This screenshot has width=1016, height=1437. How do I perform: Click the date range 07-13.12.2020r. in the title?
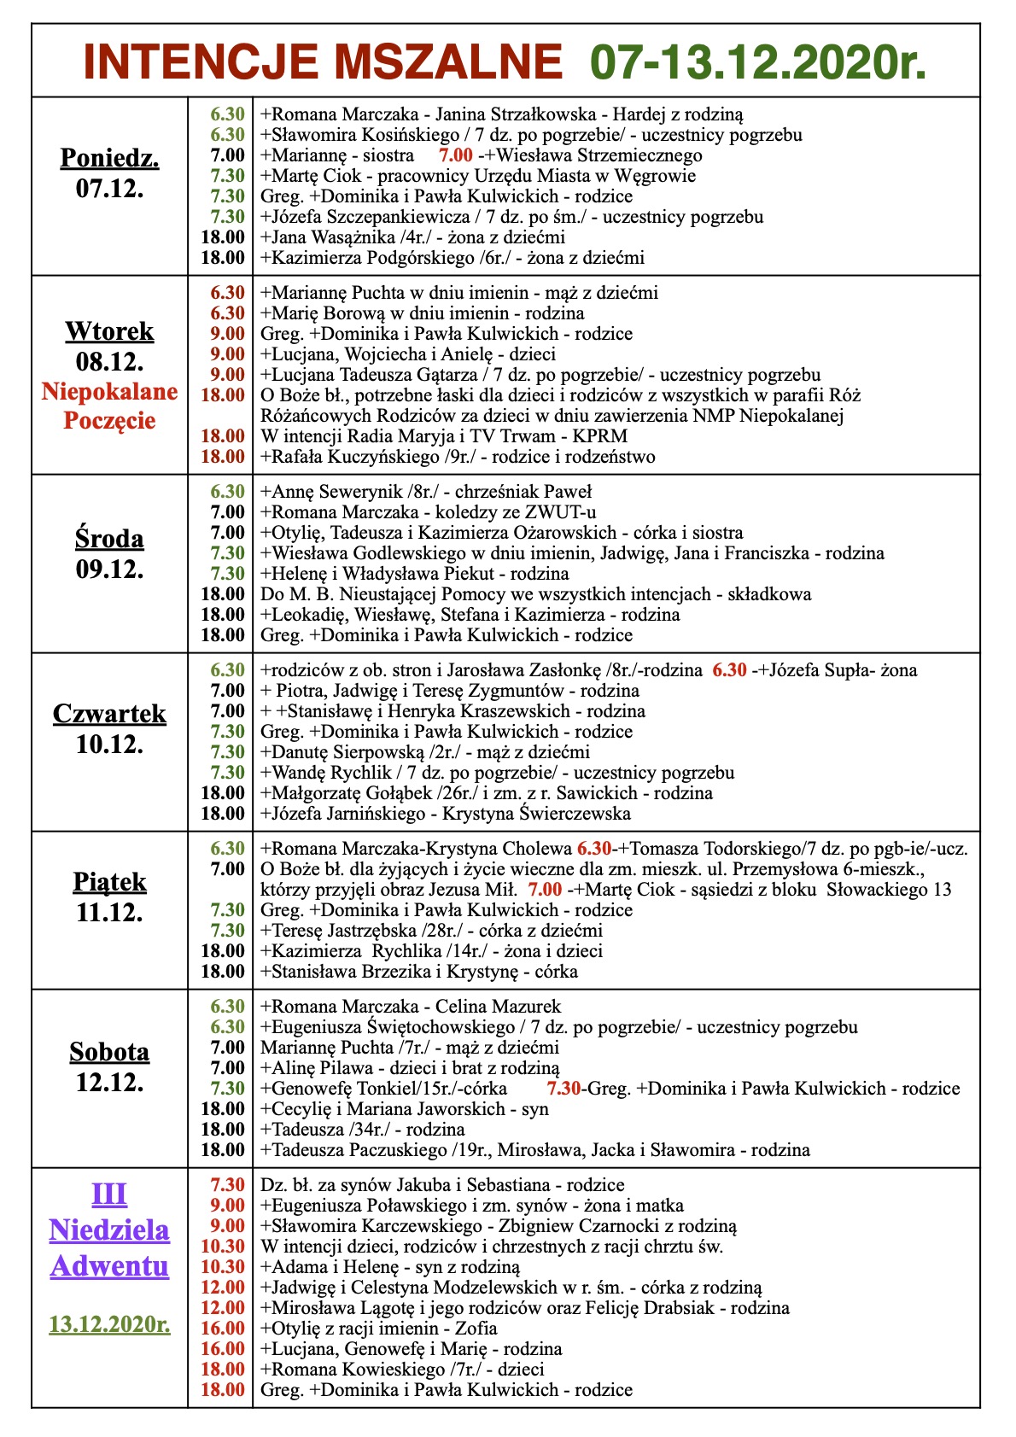click(x=758, y=63)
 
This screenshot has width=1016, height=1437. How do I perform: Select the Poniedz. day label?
click(x=109, y=158)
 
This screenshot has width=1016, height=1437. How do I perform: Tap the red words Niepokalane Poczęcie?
click(x=109, y=406)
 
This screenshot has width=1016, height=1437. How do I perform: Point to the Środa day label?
click(x=109, y=539)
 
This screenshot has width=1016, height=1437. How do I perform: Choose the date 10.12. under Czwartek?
click(x=109, y=745)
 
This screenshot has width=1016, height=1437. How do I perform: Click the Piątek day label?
click(x=109, y=882)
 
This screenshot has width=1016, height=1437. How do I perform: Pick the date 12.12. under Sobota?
click(x=109, y=1083)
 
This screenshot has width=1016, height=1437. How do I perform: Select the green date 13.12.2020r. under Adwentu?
click(x=109, y=1324)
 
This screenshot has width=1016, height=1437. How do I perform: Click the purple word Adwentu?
click(x=109, y=1265)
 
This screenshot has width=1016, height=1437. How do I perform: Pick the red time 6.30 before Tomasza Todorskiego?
click(x=594, y=849)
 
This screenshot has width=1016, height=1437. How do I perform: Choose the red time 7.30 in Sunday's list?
click(x=227, y=1185)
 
